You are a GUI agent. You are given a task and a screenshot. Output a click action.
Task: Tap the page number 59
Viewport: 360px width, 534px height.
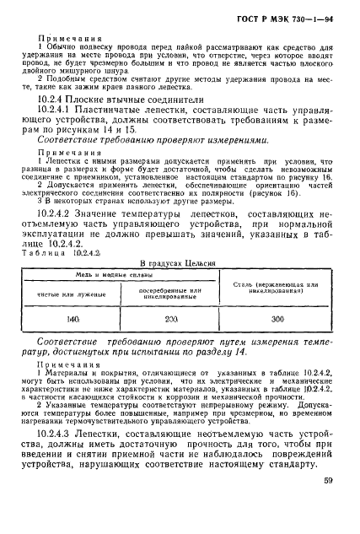click(328, 505)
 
